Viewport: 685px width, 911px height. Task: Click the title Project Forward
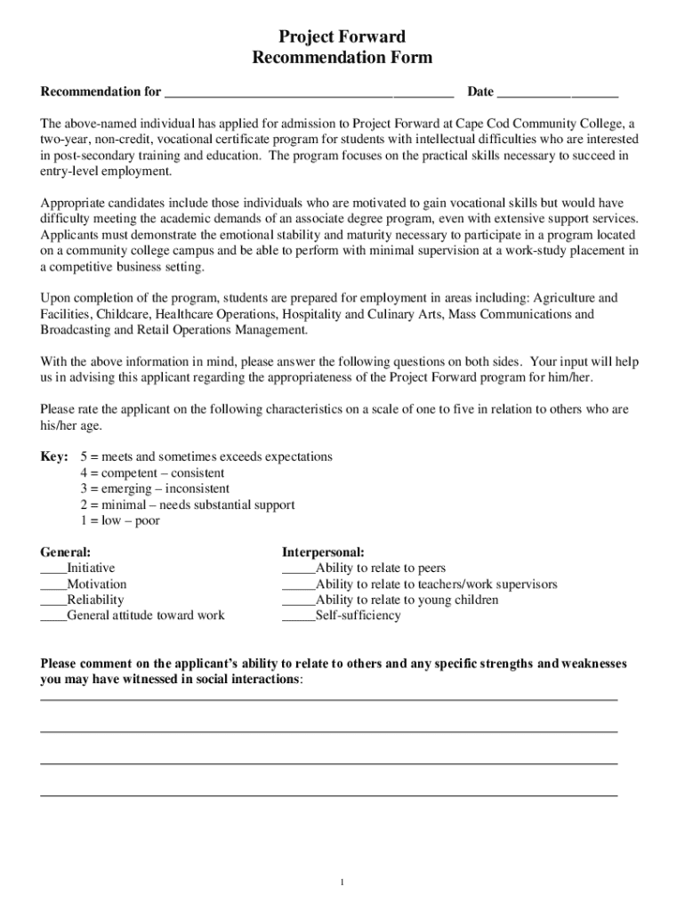[342, 36]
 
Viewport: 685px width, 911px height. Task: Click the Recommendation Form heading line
[342, 58]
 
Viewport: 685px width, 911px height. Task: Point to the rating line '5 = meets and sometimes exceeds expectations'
[206, 456]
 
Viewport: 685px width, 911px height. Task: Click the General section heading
[66, 552]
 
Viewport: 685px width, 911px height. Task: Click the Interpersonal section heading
[323, 552]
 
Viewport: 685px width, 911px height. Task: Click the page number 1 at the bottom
[342, 882]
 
